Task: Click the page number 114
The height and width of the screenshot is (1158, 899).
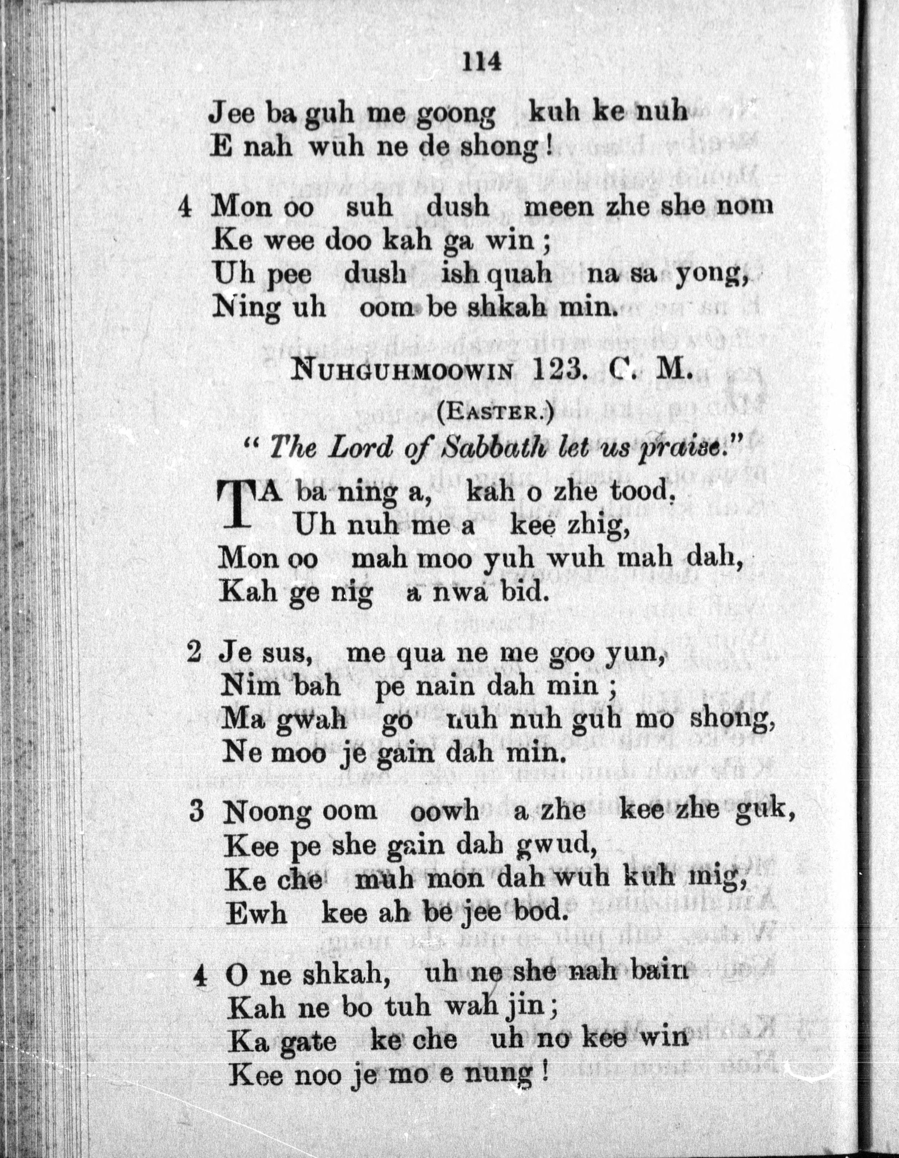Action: [482, 62]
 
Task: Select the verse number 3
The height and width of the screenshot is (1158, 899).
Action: [197, 812]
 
